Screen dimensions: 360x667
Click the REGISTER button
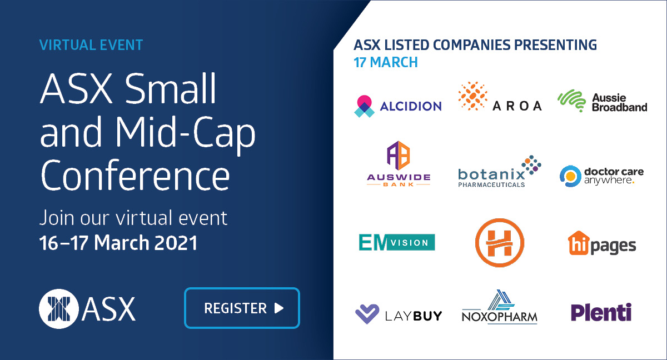coord(242,308)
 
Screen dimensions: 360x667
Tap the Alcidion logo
coord(398,106)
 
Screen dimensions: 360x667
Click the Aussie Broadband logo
coord(603,102)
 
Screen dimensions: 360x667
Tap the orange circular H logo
coord(500,242)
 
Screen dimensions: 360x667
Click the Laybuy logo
coord(399,314)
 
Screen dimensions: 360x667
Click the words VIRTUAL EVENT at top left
coord(91,44)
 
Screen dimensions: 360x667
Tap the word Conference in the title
coord(135,174)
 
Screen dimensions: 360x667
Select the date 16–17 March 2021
coord(118,243)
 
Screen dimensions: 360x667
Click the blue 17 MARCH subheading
coord(386,62)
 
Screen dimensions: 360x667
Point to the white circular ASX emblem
coord(58,308)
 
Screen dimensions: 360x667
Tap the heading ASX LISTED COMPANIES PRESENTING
coord(475,44)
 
